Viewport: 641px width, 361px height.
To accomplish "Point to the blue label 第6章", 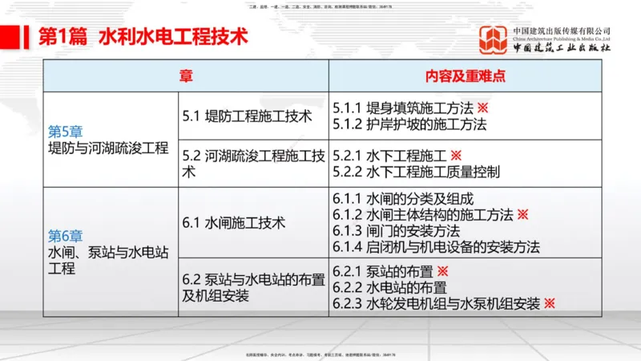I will pyautogui.click(x=66, y=236).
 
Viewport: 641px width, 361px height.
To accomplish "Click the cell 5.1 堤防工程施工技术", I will pyautogui.click(x=247, y=116).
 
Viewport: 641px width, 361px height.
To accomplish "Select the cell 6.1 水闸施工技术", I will pyautogui.click(x=234, y=222).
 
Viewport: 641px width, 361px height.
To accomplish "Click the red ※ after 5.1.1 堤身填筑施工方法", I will pyautogui.click(x=482, y=108).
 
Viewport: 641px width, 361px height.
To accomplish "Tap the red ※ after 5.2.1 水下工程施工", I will pyautogui.click(x=456, y=155).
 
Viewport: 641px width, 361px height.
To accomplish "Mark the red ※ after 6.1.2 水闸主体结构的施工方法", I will pyautogui.click(x=522, y=214).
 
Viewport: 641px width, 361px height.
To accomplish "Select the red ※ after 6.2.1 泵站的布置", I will pyautogui.click(x=441, y=272).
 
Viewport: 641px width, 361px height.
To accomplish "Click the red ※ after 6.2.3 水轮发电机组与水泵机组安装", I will pyautogui.click(x=549, y=303).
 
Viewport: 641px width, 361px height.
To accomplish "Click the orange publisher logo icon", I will pyautogui.click(x=493, y=40).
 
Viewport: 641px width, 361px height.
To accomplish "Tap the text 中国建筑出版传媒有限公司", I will pyautogui.click(x=562, y=30).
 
